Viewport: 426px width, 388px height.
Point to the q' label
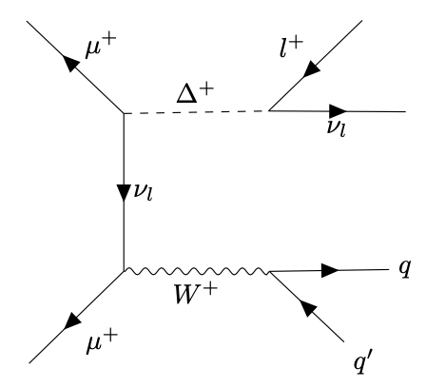(357, 362)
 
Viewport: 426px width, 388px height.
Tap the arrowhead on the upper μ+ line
(69, 63)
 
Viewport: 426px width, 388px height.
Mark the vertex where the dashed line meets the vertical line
(125, 113)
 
